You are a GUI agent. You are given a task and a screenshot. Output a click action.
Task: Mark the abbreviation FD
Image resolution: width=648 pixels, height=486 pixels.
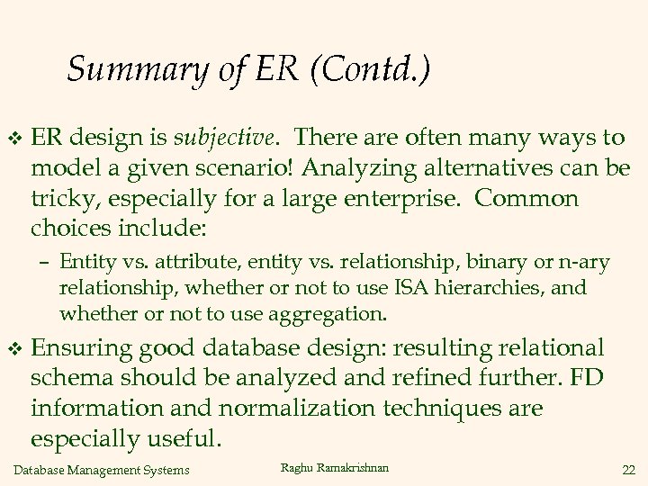(587, 378)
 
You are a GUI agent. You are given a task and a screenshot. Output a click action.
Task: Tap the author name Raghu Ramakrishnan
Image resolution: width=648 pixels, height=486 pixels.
(335, 468)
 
